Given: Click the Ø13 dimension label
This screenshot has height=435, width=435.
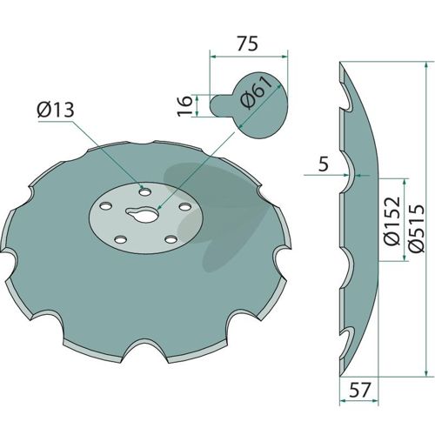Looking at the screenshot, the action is pyautogui.click(x=56, y=110).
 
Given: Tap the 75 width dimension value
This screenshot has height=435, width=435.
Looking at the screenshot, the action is pyautogui.click(x=247, y=43).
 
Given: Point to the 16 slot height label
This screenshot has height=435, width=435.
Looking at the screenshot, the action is pyautogui.click(x=184, y=105).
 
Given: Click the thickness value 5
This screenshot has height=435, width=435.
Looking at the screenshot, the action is pyautogui.click(x=323, y=164).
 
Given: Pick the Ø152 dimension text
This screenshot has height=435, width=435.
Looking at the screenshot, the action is pyautogui.click(x=393, y=221).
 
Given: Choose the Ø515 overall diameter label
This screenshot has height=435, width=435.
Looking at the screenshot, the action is pyautogui.click(x=417, y=228).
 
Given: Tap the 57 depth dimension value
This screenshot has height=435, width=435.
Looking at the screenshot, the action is pyautogui.click(x=360, y=390).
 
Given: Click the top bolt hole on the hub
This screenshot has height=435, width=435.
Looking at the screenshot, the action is pyautogui.click(x=144, y=192).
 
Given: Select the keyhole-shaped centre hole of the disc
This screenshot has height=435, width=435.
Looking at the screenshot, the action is pyautogui.click(x=143, y=216).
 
